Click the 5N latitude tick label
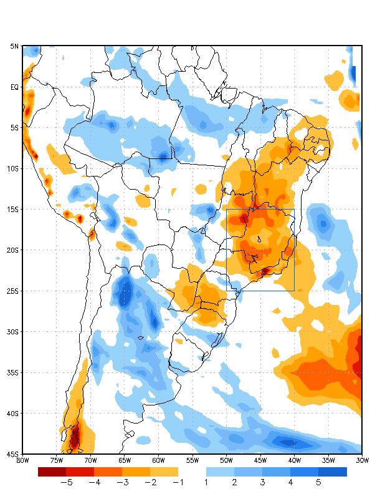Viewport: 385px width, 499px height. tap(14, 46)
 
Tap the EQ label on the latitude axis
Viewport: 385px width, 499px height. tap(14, 87)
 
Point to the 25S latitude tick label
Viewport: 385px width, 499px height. tap(13, 291)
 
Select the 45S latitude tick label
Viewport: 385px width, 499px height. tap(13, 454)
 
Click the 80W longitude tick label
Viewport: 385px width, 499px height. tap(23, 460)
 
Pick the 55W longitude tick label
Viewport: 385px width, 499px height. tap(192, 460)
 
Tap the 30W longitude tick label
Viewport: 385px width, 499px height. tap(362, 460)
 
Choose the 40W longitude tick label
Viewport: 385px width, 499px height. tap(294, 460)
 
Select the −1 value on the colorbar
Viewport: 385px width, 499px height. tap(178, 482)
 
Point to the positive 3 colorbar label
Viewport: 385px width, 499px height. tap(262, 482)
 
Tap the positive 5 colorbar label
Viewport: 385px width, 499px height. tap(318, 482)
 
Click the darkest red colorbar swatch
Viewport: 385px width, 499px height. tap(52, 472)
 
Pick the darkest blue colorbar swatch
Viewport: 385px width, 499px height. tap(333, 472)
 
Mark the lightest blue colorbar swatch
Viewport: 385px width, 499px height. tap(220, 472)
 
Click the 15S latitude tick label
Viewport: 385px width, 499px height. tap(13, 210)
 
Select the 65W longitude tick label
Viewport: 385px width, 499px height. tap(125, 460)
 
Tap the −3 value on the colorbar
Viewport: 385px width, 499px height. tap(122, 482)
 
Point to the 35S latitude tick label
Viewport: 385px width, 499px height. tap(13, 373)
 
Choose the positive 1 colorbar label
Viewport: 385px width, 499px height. tap(206, 482)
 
